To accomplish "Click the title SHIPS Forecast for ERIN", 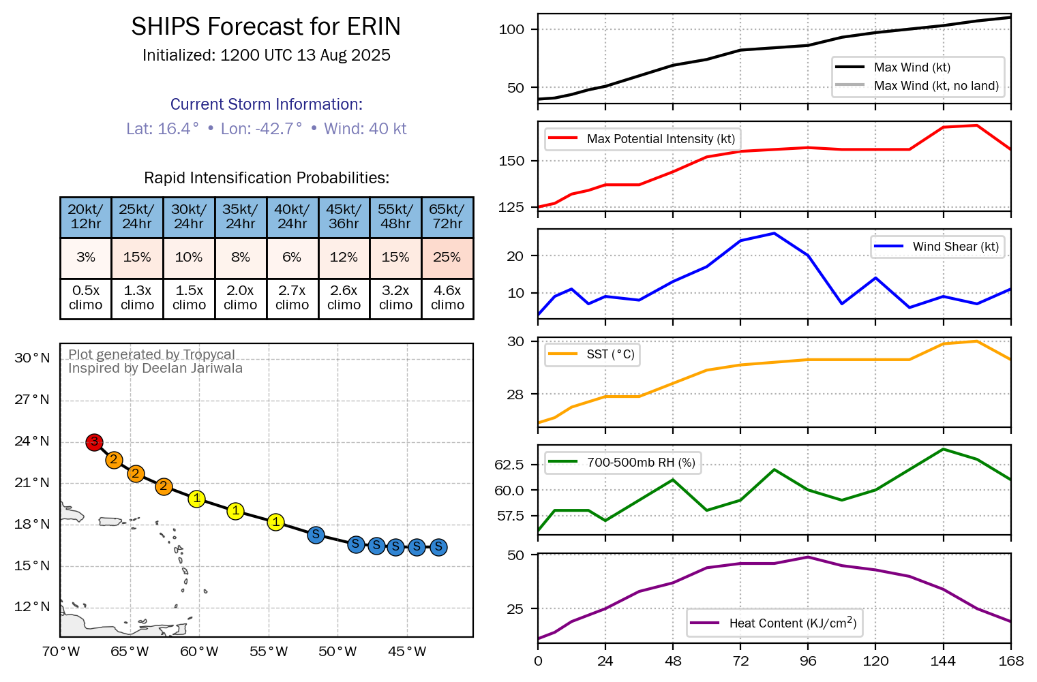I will click(266, 27).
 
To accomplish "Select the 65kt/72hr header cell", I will click(447, 217).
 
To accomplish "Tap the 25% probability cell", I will click(447, 258).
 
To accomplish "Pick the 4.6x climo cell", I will click(447, 298).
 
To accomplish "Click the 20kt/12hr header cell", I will click(86, 217).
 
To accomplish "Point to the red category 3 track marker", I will click(94, 442).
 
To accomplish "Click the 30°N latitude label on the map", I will click(32, 358).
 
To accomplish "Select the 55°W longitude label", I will click(269, 652).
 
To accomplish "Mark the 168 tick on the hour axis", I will click(1010, 661).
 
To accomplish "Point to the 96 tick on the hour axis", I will click(808, 661).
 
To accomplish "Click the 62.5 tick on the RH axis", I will click(509, 465).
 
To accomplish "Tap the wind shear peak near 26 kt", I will click(775, 233).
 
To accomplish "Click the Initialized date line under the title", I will click(266, 56).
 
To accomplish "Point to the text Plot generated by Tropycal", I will click(151, 354).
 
